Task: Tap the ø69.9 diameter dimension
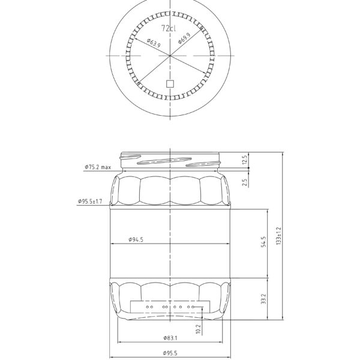(x=185, y=40)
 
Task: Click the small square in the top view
(x=170, y=84)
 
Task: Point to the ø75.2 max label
(x=98, y=167)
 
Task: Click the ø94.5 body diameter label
(x=136, y=239)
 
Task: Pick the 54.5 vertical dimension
(x=262, y=243)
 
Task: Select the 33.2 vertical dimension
(x=262, y=299)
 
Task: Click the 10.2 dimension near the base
(x=199, y=329)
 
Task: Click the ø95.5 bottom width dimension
(x=171, y=353)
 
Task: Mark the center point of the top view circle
(x=171, y=55)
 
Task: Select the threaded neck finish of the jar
(x=171, y=161)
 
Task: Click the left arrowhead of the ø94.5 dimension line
(x=112, y=244)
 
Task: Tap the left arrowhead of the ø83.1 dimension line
(x=119, y=343)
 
